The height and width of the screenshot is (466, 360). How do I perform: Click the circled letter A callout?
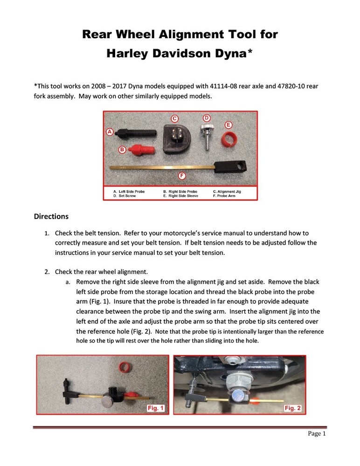(110, 132)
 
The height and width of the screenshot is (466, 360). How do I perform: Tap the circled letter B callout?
(122, 150)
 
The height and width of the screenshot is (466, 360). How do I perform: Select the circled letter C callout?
(174, 118)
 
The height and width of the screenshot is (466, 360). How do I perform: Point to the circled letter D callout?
(206, 118)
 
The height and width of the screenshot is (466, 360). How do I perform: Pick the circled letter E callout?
(228, 125)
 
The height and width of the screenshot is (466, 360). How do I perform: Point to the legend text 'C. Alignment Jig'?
(227, 192)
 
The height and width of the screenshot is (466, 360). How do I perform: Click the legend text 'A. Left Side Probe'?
(129, 192)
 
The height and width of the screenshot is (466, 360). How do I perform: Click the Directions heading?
(51, 217)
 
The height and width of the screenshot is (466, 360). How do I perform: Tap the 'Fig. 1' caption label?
(155, 408)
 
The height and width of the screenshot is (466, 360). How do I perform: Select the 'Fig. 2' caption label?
(292, 408)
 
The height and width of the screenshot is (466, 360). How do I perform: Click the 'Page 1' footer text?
(317, 434)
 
